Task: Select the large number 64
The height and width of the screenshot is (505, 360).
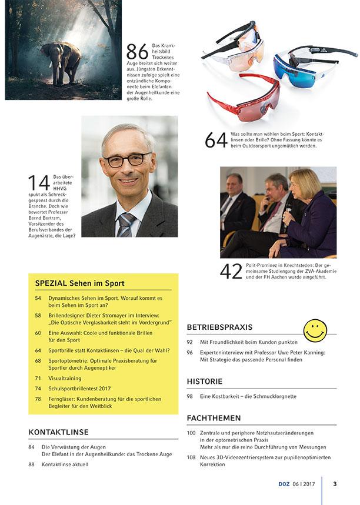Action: (x=216, y=141)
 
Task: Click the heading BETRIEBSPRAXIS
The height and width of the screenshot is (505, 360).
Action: (x=219, y=327)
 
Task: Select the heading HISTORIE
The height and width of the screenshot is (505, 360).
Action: (x=205, y=382)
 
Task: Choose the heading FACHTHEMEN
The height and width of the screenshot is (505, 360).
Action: (x=214, y=418)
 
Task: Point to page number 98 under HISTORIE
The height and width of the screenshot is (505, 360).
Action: (x=190, y=397)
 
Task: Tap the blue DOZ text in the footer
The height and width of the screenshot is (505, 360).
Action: (x=285, y=484)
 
